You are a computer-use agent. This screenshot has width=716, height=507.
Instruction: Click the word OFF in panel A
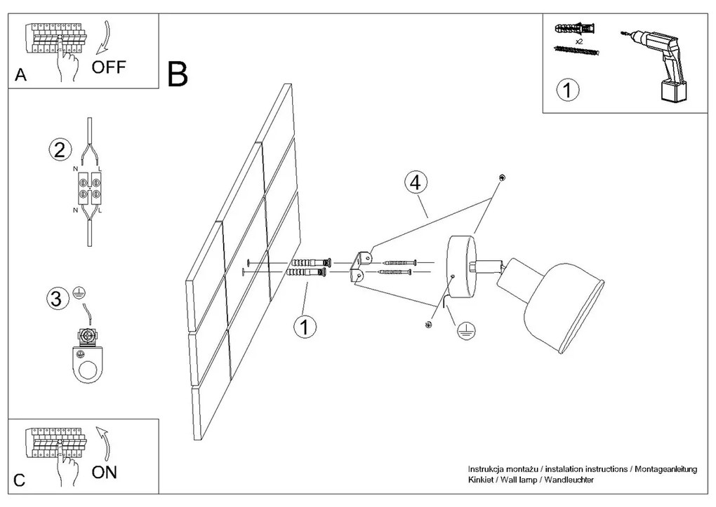pos(110,67)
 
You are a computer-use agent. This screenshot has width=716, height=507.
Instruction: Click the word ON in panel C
pos(105,472)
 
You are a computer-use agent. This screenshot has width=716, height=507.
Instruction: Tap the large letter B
pos(178,74)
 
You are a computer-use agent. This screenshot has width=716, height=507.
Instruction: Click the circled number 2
pos(60,149)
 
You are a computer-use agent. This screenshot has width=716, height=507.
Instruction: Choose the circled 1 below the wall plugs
pos(303,327)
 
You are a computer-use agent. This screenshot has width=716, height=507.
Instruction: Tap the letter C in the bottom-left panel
pos(20,481)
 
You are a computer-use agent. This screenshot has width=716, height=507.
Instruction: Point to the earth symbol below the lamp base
pos(463,332)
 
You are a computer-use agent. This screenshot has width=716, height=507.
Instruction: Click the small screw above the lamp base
pos(500,177)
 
